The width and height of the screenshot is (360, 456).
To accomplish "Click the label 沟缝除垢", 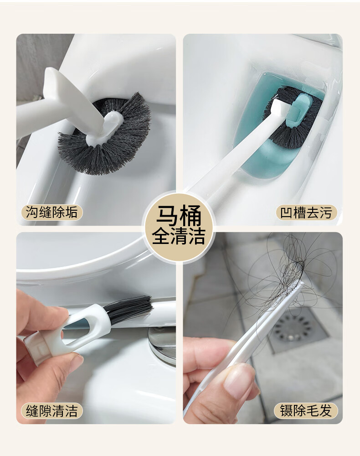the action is (51, 212).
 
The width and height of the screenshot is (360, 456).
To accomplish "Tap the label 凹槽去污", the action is (306, 212).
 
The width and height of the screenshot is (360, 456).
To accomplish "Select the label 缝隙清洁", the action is (51, 411).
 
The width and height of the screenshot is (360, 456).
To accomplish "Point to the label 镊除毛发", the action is (306, 411).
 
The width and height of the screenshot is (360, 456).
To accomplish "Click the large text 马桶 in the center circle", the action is (179, 216).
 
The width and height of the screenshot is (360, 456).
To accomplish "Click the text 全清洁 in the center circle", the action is (179, 236).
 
